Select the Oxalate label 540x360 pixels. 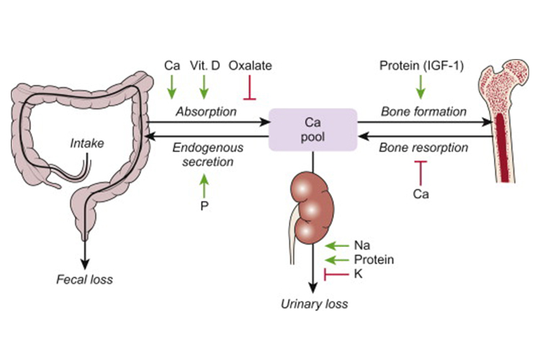pyautogui.click(x=251, y=66)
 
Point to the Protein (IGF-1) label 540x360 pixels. pyautogui.click(x=420, y=66)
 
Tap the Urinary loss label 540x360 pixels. pyautogui.click(x=314, y=303)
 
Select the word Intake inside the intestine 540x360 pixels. pyautogui.click(x=87, y=143)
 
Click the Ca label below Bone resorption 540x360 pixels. pyautogui.click(x=420, y=193)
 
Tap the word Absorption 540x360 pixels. pyautogui.click(x=207, y=112)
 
